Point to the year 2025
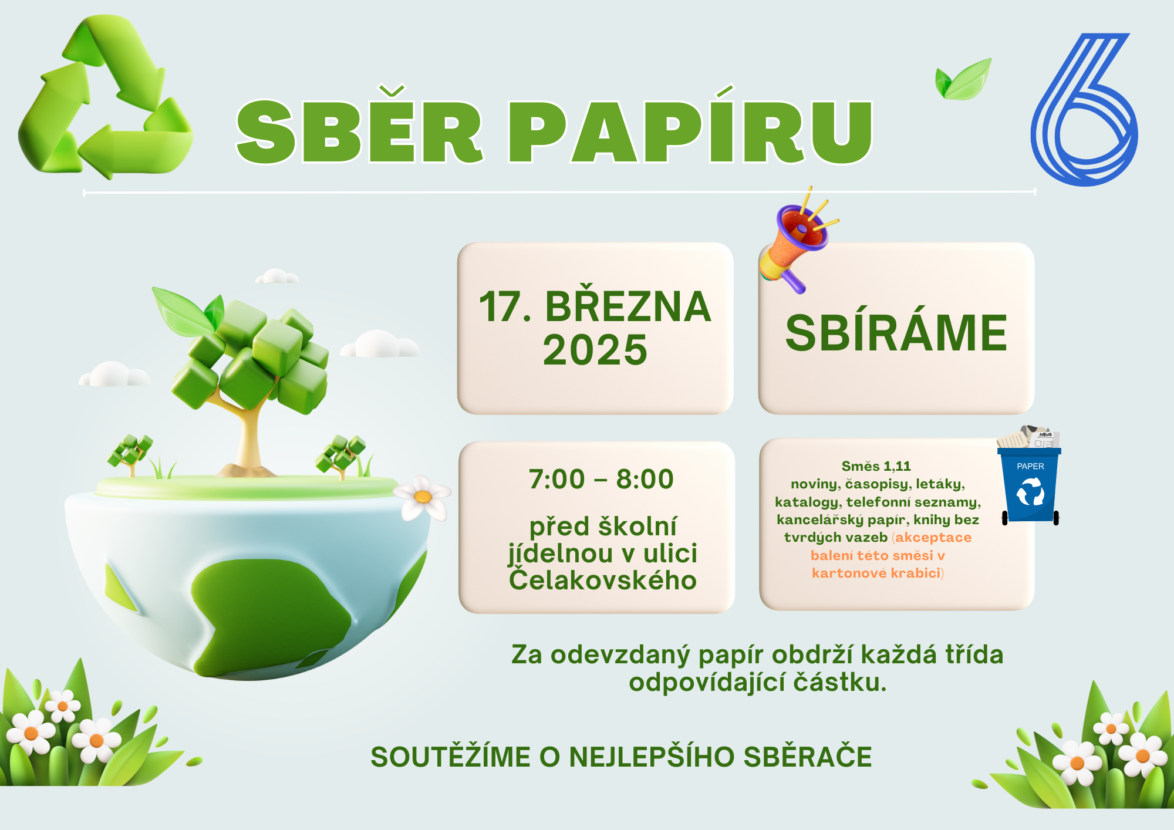pos(595,350)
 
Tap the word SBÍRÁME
pos(896,333)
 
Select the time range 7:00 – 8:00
pos(601,479)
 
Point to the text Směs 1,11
pos(876,466)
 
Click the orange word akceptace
pos(933,537)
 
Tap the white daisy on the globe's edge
pos(422,497)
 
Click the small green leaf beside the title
pos(963,79)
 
